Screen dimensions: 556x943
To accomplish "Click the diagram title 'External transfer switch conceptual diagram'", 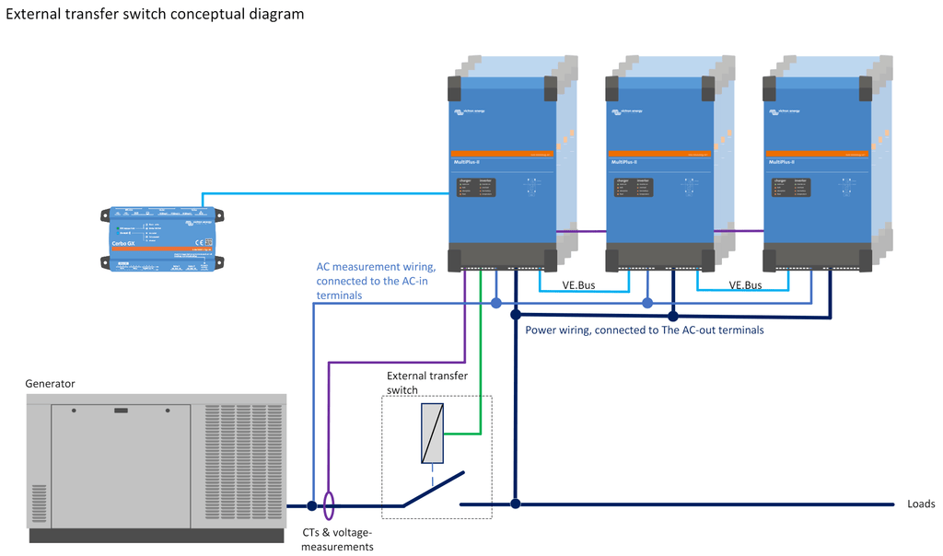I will pyautogui.click(x=155, y=15).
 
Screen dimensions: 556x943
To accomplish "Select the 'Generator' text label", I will pyautogui.click(x=50, y=383).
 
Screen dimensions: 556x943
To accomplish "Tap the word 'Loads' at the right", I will pyautogui.click(x=921, y=504).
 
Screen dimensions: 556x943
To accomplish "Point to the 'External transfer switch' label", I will pyautogui.click(x=426, y=383).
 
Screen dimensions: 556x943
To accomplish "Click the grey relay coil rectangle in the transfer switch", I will pyautogui.click(x=433, y=434).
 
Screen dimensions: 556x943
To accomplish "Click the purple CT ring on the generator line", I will pyautogui.click(x=329, y=504).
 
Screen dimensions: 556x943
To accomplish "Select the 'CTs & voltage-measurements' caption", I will pyautogui.click(x=338, y=539).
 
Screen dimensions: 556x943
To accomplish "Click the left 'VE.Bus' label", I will pyautogui.click(x=578, y=285).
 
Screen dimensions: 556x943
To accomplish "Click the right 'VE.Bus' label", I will pyautogui.click(x=745, y=285).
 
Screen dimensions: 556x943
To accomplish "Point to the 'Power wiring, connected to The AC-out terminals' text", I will pyautogui.click(x=644, y=330).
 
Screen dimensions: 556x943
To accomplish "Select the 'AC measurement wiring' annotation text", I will pyautogui.click(x=371, y=281).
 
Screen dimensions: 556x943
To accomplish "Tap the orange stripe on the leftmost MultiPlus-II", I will pyautogui.click(x=502, y=153).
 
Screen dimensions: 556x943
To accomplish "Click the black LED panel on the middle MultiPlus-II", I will pyautogui.click(x=634, y=187).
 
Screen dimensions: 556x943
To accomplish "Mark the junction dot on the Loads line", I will pyautogui.click(x=516, y=504).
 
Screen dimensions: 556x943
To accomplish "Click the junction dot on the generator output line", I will pyautogui.click(x=312, y=505).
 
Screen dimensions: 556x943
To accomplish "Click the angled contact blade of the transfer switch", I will pyautogui.click(x=433, y=491).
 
